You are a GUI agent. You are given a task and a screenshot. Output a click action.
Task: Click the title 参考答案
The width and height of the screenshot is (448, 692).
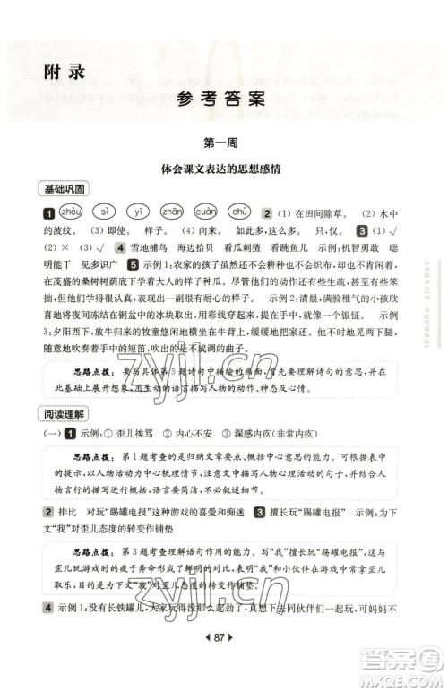[x=223, y=99]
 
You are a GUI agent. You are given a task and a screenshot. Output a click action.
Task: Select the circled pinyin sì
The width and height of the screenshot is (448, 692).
[x=103, y=212]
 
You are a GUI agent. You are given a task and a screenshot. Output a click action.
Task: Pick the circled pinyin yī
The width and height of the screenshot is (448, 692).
[x=135, y=212]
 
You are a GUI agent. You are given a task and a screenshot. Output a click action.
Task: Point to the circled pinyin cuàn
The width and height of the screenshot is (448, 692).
[x=206, y=212]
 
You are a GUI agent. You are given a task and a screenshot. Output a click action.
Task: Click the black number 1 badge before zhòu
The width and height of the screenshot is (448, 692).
[x=47, y=213]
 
